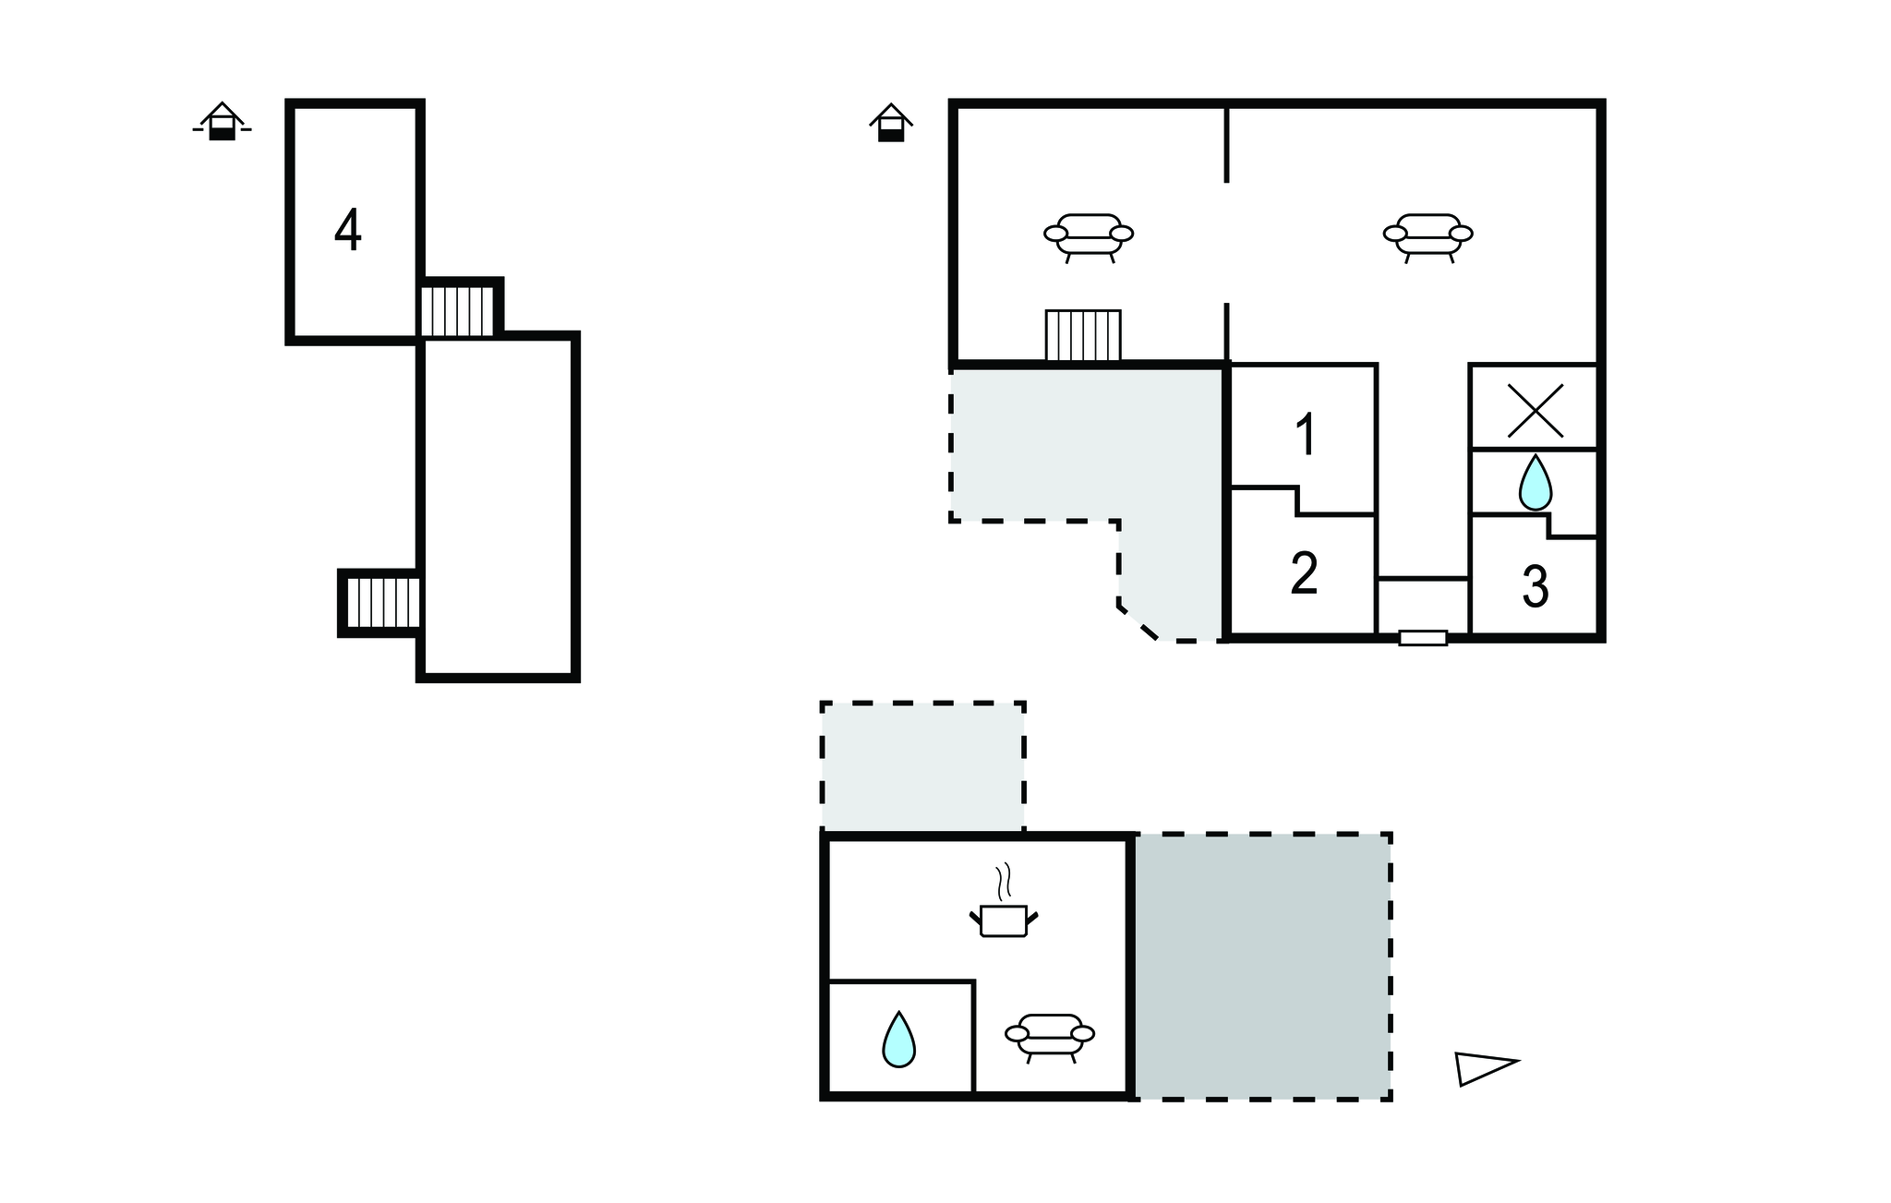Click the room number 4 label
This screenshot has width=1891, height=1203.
(348, 231)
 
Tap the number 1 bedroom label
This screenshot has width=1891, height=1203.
(1306, 435)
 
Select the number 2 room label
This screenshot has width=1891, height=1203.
(1304, 573)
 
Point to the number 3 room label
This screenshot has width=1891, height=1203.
(1535, 586)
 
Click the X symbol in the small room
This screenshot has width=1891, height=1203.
(1536, 411)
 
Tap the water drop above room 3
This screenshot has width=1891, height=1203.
(1536, 482)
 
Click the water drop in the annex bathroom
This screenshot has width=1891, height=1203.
(898, 1040)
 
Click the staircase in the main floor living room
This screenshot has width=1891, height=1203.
(1083, 335)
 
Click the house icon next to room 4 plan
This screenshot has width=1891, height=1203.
(222, 122)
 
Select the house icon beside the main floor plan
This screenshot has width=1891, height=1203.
(891, 123)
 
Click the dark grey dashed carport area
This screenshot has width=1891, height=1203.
(1262, 967)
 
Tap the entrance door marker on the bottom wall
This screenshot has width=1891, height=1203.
(1423, 637)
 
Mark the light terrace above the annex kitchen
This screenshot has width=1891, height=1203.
(923, 766)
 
